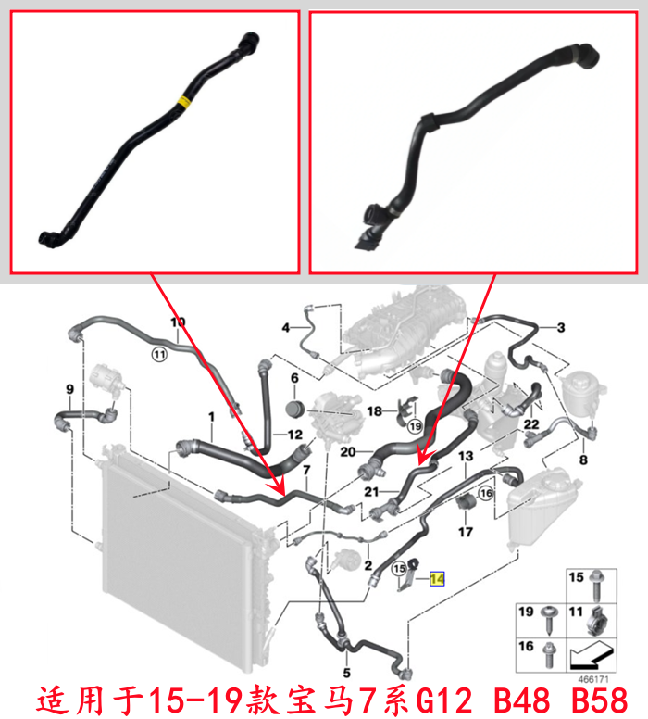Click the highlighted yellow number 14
tap(437, 579)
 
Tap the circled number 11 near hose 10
tap(159, 355)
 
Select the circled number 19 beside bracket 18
tap(416, 426)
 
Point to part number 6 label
tap(294, 378)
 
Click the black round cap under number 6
tap(295, 409)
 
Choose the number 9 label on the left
tap(69, 389)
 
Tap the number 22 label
tap(531, 424)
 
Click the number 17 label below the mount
tap(466, 532)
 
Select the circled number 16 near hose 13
tap(486, 493)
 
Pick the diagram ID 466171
tap(593, 679)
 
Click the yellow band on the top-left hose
tap(184, 101)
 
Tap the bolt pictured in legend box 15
tap(597, 586)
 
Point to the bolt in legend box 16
tap(548, 655)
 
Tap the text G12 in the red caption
tap(443, 700)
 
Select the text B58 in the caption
tap(600, 700)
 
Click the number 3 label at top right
tap(561, 327)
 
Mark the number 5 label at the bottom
tap(346, 673)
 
